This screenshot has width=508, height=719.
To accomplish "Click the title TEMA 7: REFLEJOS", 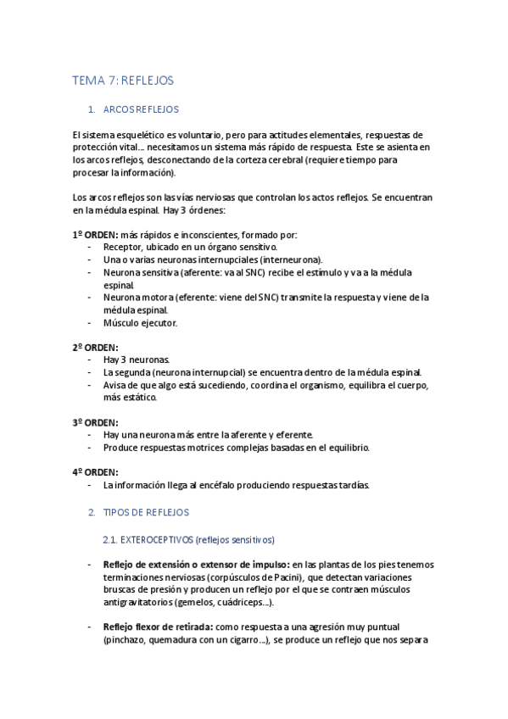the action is click(123, 81).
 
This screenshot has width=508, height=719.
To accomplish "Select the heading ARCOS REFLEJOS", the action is click(140, 109).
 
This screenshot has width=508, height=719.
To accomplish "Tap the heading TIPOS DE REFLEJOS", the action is click(145, 513).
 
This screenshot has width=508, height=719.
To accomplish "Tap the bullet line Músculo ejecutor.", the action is click(140, 322).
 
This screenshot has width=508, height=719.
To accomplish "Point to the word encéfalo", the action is click(226, 485).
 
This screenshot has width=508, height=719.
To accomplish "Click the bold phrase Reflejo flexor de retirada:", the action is click(158, 627).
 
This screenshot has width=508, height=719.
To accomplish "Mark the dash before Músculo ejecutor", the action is click(91, 322).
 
